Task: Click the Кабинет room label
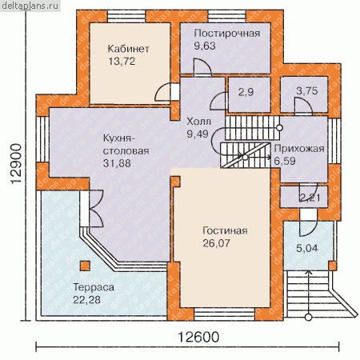click(x=128, y=49)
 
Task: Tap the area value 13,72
click(x=122, y=62)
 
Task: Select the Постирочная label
click(x=227, y=34)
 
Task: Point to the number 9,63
click(x=205, y=46)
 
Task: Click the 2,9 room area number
click(x=246, y=92)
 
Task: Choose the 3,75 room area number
click(x=307, y=91)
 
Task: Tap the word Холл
click(x=198, y=122)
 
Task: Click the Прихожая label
click(x=299, y=149)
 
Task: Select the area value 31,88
click(x=117, y=163)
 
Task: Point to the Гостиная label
click(x=225, y=230)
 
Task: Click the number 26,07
click(x=216, y=243)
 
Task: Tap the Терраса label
click(x=94, y=287)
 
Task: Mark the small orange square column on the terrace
click(x=85, y=266)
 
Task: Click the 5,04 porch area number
click(x=307, y=249)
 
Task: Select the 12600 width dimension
click(x=198, y=338)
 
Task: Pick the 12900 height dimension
click(x=16, y=163)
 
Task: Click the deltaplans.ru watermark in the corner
click(x=30, y=6)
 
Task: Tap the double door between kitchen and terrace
click(x=92, y=209)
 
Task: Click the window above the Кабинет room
click(x=126, y=16)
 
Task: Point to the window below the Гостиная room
click(x=224, y=314)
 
